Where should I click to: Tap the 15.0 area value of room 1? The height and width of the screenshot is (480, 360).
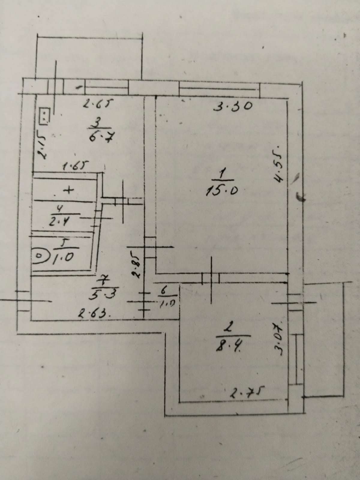click(222, 191)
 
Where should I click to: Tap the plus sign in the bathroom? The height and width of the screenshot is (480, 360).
click(69, 190)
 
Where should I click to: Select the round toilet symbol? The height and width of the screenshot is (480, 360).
click(39, 256)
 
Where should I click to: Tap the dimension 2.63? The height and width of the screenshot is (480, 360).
click(90, 314)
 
